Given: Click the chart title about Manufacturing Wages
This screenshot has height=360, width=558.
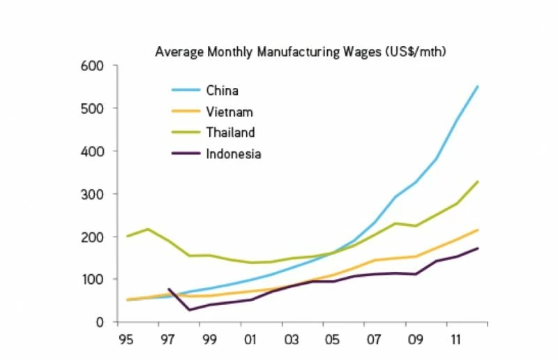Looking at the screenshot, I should (x=300, y=52).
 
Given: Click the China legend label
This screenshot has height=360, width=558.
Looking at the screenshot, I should (x=222, y=90).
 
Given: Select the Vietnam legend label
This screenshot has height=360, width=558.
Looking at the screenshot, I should (x=229, y=112).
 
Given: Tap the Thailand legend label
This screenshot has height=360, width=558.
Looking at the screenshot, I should (x=230, y=133).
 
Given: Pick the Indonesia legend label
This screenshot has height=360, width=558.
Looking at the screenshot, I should (x=233, y=154).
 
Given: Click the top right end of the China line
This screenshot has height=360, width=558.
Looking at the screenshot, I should (x=478, y=87).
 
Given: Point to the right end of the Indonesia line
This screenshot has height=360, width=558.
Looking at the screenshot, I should (x=478, y=248).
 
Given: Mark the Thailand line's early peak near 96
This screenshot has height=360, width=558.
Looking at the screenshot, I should (x=148, y=229).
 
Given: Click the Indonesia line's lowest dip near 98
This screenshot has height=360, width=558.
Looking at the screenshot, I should (x=188, y=310).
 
